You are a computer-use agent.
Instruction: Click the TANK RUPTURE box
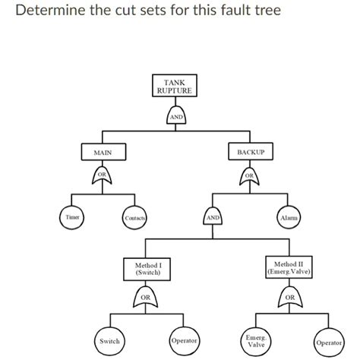click(174, 87)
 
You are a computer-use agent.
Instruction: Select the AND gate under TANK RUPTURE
click(175, 116)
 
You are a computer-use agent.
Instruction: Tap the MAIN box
click(103, 152)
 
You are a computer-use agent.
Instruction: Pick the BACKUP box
click(250, 152)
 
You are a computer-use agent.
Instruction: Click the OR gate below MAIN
click(103, 177)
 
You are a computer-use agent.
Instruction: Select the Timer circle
click(72, 217)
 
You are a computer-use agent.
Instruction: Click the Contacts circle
click(134, 219)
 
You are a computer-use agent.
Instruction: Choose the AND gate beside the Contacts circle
click(213, 216)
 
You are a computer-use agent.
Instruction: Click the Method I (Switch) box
click(147, 269)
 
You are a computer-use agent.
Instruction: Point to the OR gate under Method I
click(147, 296)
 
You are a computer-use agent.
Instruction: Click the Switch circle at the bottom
click(109, 342)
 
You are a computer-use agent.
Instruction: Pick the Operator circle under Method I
click(184, 341)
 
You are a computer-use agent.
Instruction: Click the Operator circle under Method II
click(328, 342)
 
